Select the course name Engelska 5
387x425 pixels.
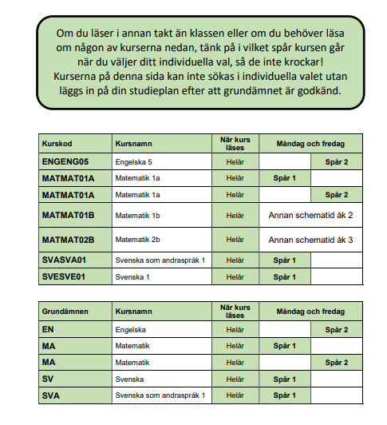pyautogui.click(x=136, y=162)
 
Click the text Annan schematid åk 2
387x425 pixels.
pyautogui.click(x=310, y=216)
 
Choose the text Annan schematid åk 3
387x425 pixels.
pyautogui.click(x=310, y=240)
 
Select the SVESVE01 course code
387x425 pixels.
pyautogui.click(x=64, y=276)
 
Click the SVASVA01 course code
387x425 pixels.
pyautogui.click(x=64, y=260)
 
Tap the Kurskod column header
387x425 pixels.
pyautogui.click(x=57, y=145)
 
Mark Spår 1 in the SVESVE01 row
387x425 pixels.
pyautogui.click(x=284, y=276)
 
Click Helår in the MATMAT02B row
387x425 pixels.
pyautogui.click(x=235, y=240)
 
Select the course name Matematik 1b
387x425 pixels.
pyautogui.click(x=139, y=216)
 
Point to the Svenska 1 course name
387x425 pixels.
pyautogui.click(x=133, y=276)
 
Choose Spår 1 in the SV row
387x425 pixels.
pyautogui.click(x=284, y=379)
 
